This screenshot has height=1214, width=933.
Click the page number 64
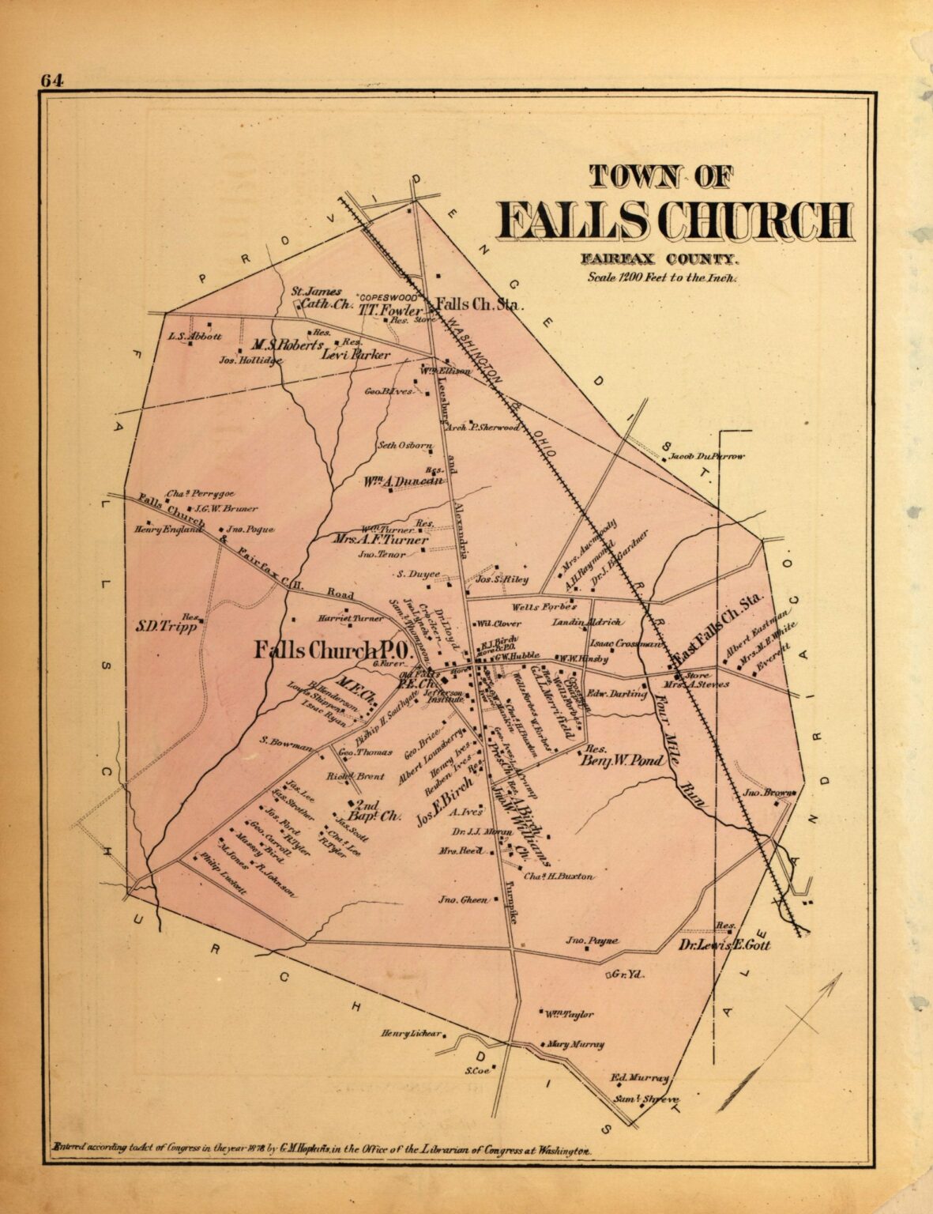(x=52, y=81)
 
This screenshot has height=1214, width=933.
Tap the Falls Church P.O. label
(x=329, y=650)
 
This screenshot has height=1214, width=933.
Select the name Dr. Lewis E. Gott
(x=724, y=944)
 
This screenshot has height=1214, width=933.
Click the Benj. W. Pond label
(x=614, y=762)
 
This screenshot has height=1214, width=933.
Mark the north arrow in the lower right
(x=782, y=1027)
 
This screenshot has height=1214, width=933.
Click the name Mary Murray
(x=575, y=1044)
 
